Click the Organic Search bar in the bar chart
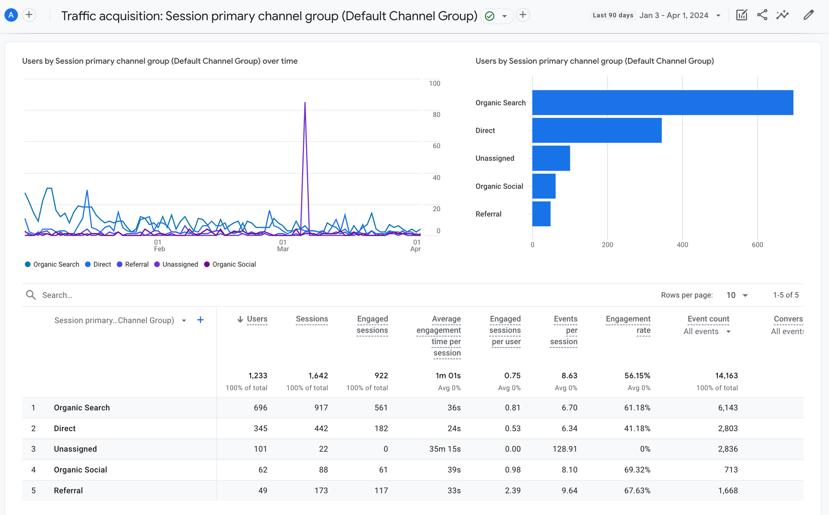[x=662, y=102]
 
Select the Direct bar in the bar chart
[x=597, y=130]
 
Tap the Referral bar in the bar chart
[x=541, y=214]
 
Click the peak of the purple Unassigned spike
[x=305, y=103]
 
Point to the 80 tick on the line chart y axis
[x=437, y=114]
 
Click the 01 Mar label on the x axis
[x=283, y=245]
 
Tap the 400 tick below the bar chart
[x=682, y=245]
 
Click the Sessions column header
[x=312, y=319]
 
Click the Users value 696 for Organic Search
[x=260, y=408]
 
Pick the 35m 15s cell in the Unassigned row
[x=445, y=449]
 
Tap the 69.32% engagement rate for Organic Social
[x=637, y=470]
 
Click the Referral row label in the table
[x=68, y=490]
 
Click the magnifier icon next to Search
[x=31, y=295]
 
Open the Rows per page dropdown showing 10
[x=737, y=295]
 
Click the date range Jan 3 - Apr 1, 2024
[x=674, y=16]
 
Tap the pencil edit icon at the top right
[x=808, y=15]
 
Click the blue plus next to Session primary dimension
[x=200, y=320]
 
